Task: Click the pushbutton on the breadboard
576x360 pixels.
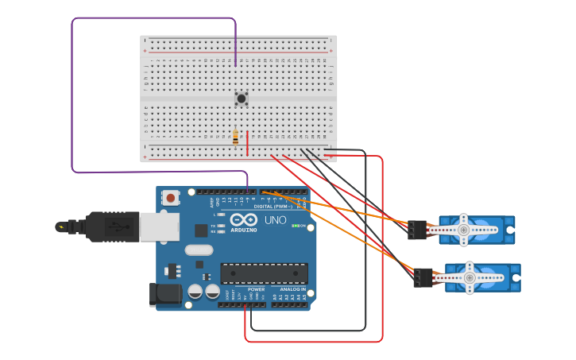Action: pyautogui.click(x=242, y=99)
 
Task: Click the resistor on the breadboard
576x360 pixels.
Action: pyautogui.click(x=235, y=138)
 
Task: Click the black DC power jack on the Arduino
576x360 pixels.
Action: pyautogui.click(x=165, y=295)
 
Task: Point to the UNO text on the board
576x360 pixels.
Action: pyautogui.click(x=275, y=220)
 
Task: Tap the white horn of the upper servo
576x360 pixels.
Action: pyautogui.click(x=464, y=230)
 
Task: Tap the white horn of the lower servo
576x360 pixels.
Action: pyautogui.click(x=469, y=278)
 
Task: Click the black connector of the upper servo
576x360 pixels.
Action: pyautogui.click(x=417, y=230)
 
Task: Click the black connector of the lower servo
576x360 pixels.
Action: pyautogui.click(x=423, y=277)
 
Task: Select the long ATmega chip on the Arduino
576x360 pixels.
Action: pyautogui.click(x=264, y=273)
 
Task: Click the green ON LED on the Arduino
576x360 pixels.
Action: pyautogui.click(x=294, y=226)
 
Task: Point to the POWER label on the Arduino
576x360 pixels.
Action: pyautogui.click(x=256, y=289)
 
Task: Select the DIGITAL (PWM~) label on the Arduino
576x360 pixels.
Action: pyautogui.click(x=272, y=206)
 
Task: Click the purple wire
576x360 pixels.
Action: pyautogui.click(x=72, y=95)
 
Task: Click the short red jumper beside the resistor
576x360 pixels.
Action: pyautogui.click(x=247, y=144)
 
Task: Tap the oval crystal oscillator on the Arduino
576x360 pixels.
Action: pyautogui.click(x=199, y=250)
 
